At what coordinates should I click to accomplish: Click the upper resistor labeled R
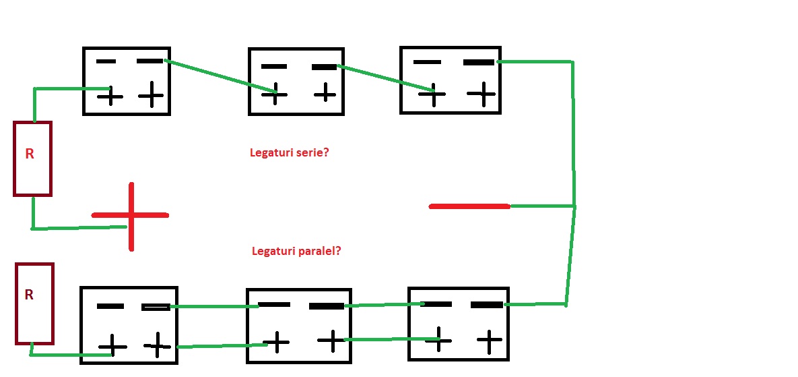pyautogui.click(x=32, y=159)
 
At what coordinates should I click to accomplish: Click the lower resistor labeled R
pyautogui.click(x=34, y=303)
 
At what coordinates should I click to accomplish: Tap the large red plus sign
pyautogui.click(x=131, y=216)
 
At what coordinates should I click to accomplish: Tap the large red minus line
pyautogui.click(x=469, y=206)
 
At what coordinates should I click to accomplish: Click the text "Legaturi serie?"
pyautogui.click(x=289, y=153)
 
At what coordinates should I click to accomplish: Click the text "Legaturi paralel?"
pyautogui.click(x=296, y=251)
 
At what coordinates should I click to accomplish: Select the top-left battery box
pyautogui.click(x=127, y=81)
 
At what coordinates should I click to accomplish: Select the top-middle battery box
pyautogui.click(x=296, y=81)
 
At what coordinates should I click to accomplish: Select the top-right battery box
pyautogui.click(x=451, y=80)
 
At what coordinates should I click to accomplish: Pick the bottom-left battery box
pyautogui.click(x=129, y=325)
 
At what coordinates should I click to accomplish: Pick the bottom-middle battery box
pyautogui.click(x=299, y=325)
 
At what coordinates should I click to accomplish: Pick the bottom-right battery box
pyautogui.click(x=459, y=324)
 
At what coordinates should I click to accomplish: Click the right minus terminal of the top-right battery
pyautogui.click(x=479, y=63)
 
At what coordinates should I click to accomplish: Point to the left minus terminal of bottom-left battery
pyautogui.click(x=110, y=306)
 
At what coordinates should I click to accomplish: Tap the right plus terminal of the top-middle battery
pyautogui.click(x=325, y=92)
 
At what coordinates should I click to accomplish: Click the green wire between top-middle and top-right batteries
pyautogui.click(x=384, y=78)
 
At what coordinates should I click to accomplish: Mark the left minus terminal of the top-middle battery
pyautogui.click(x=274, y=67)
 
